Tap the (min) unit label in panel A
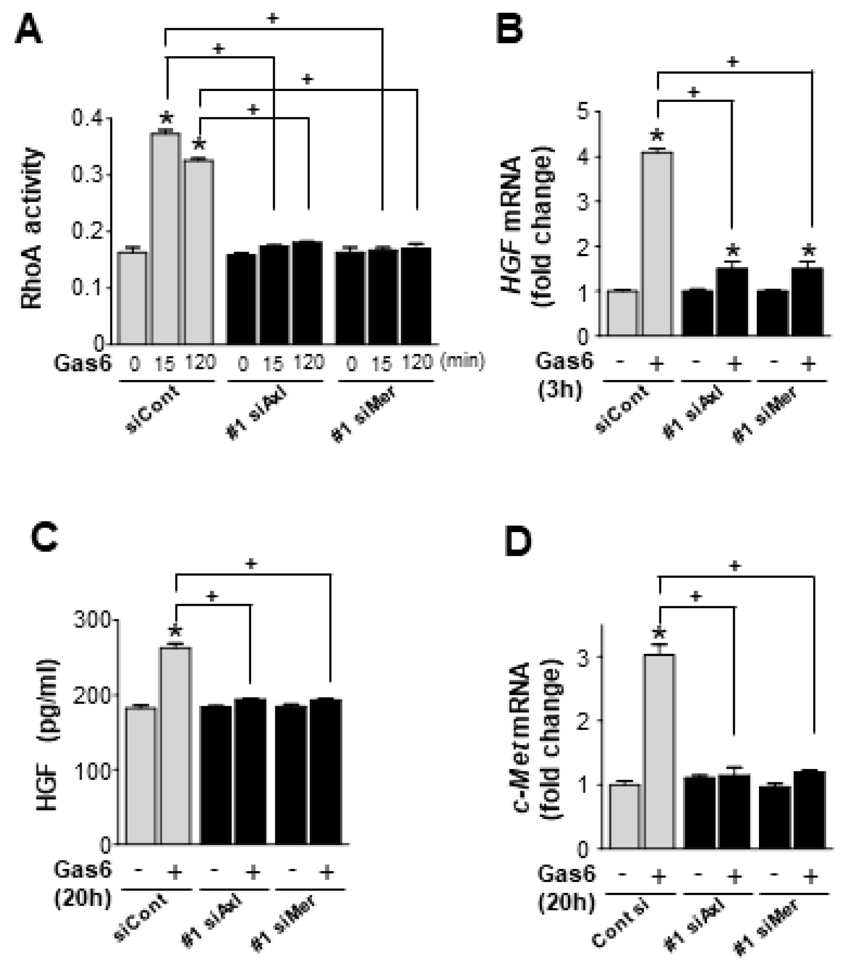point(462,361)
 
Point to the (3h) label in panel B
point(560,392)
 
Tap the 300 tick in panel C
point(92,620)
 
